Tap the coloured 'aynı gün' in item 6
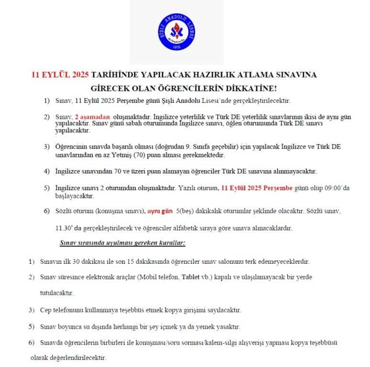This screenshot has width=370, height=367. tap(160, 211)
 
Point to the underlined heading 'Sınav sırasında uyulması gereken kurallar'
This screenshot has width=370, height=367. tap(122, 243)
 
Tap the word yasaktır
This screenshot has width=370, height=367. tap(229, 327)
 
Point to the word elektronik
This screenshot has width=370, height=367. tap(103, 277)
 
